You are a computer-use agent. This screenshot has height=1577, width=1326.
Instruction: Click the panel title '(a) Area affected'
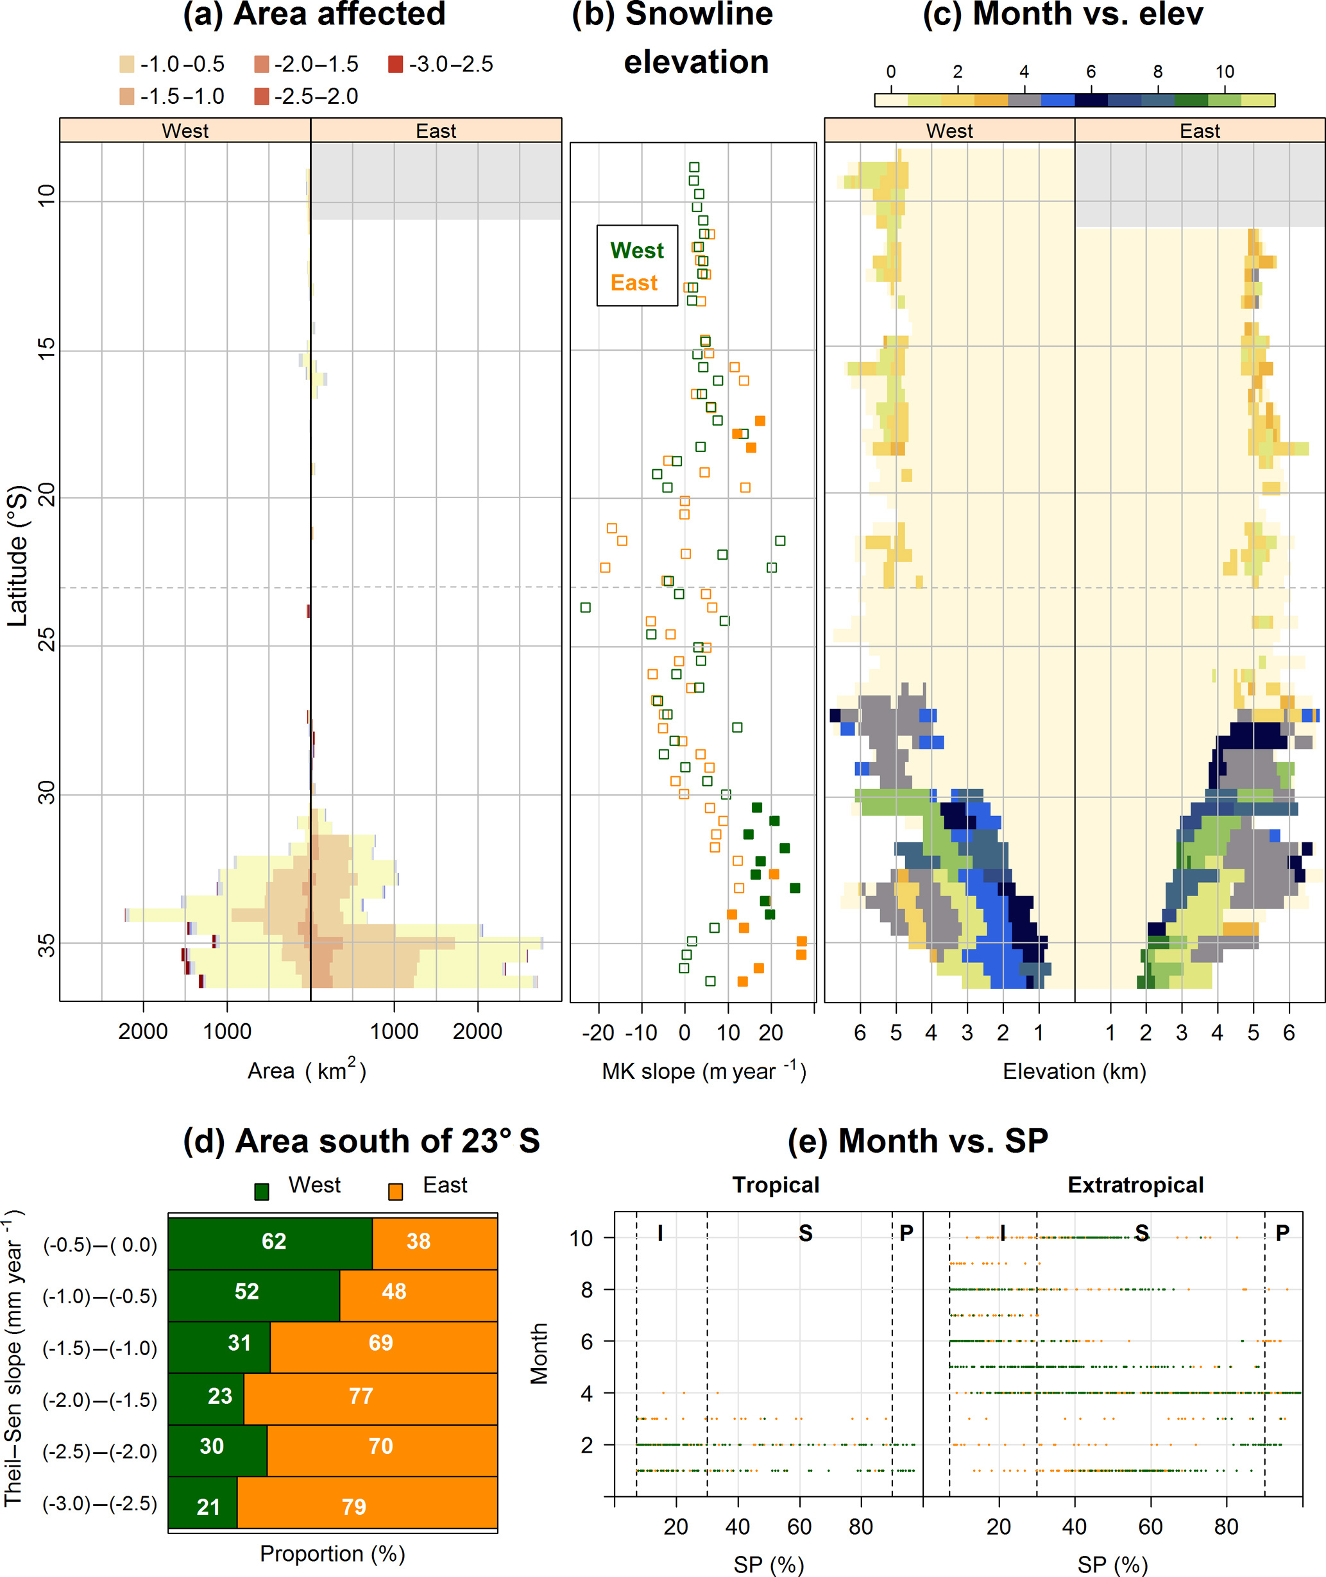[314, 15]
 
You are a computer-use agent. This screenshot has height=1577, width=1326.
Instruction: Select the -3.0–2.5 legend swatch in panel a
[395, 65]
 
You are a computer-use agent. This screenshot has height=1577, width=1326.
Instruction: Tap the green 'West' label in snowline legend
[636, 250]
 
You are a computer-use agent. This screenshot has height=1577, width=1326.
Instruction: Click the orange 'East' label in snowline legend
[634, 283]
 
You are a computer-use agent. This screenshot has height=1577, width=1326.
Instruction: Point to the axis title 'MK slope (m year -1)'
[704, 1071]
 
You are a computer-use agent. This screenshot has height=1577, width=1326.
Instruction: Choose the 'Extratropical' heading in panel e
[1135, 1185]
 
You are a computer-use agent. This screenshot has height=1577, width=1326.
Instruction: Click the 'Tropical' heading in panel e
[776, 1185]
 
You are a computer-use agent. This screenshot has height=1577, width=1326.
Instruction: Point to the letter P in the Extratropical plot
[1282, 1233]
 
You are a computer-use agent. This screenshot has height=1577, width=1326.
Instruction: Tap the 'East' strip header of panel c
[1200, 131]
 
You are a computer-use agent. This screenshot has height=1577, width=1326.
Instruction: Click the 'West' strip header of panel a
[185, 131]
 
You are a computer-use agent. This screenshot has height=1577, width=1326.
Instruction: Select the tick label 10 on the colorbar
[1225, 72]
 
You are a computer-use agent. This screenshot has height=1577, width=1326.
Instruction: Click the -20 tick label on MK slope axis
[599, 1032]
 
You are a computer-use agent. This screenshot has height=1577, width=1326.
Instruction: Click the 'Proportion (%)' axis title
[332, 1553]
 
